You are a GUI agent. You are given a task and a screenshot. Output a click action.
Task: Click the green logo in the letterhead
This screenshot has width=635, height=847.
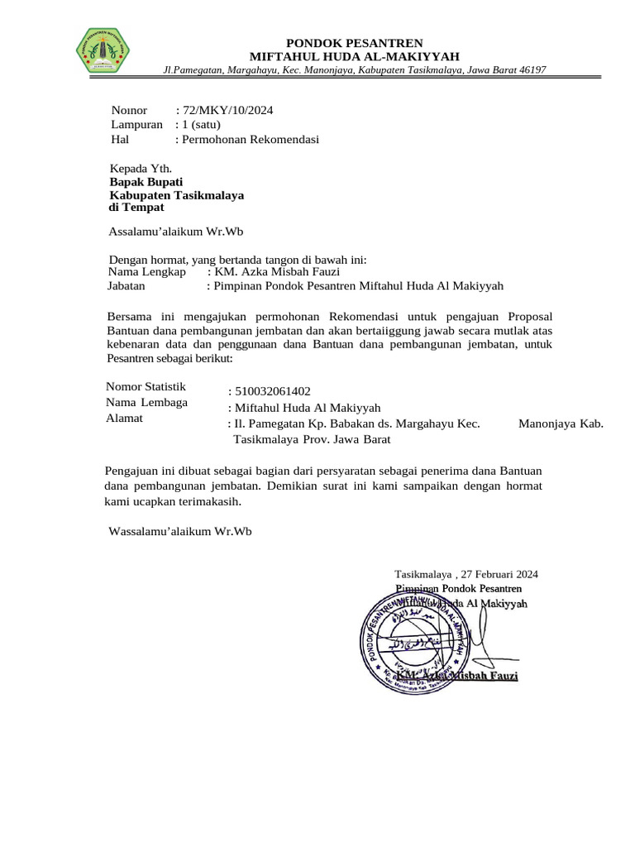point(103,50)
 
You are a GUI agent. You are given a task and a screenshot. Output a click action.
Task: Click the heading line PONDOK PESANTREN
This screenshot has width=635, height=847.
point(354,43)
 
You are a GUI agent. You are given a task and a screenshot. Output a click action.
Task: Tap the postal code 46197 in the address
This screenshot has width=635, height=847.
point(529,70)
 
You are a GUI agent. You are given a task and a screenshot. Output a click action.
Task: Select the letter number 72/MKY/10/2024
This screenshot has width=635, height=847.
point(227,110)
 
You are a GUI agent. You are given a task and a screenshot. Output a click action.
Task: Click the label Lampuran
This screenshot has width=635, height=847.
point(136,124)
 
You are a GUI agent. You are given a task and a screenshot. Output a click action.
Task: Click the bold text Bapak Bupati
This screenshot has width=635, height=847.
point(146,181)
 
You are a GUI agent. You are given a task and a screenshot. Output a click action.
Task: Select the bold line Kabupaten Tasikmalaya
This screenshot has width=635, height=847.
point(177,194)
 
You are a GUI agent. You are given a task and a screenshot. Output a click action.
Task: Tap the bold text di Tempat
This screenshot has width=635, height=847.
point(137,207)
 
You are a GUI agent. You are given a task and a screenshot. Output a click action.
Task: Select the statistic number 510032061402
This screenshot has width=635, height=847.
point(273,391)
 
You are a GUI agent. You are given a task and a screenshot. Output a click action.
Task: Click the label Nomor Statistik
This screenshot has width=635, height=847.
point(146,386)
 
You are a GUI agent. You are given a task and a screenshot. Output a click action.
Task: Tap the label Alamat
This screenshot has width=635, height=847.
point(125,418)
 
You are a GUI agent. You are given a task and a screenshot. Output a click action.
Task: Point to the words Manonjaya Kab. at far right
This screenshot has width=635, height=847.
point(561,423)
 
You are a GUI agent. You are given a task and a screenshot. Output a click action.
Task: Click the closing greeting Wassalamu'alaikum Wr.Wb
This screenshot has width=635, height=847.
point(179,530)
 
